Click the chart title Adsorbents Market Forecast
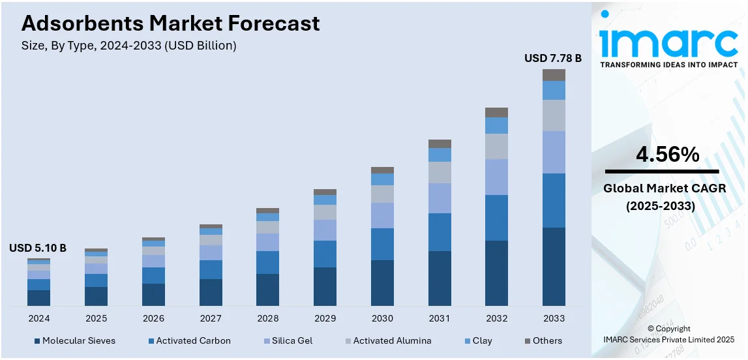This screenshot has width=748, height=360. pos(170,23)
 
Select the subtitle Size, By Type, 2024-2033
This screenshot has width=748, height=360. pos(128,46)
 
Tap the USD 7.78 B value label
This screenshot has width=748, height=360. pos(552,59)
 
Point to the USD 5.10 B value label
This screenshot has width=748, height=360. pos(38,248)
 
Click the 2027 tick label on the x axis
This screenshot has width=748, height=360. pos(211,318)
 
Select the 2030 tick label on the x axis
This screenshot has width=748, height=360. pos(382,318)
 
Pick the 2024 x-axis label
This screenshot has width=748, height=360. pos(38,318)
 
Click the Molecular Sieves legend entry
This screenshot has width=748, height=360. pos(74,340)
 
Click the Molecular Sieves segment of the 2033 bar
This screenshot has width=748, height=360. pos(554,266)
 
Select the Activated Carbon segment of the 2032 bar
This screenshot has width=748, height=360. pos(496,217)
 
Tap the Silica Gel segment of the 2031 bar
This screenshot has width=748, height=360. pos(440,198)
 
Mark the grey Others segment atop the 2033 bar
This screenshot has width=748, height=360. pos(554,75)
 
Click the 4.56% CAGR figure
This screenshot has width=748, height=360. pos(667,155)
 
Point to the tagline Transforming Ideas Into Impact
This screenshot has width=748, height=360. pos(668,65)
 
